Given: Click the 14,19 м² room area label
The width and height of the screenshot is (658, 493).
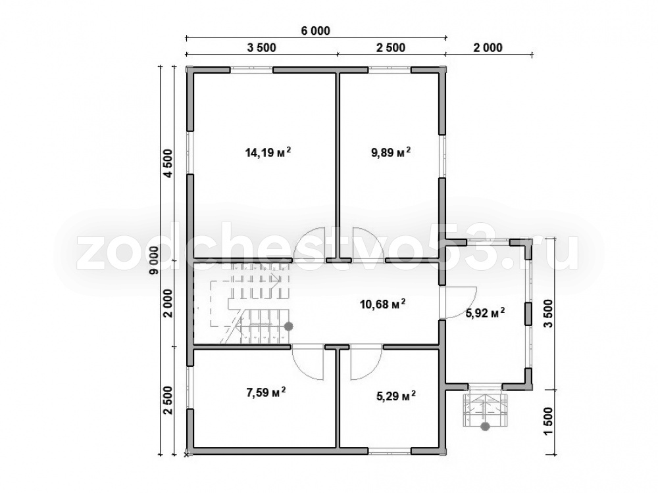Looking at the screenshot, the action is pyautogui.click(x=268, y=153).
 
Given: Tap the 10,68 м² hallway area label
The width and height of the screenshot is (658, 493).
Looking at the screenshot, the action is pyautogui.click(x=383, y=303).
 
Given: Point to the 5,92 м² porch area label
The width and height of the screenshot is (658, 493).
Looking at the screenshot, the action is pyautogui.click(x=485, y=313).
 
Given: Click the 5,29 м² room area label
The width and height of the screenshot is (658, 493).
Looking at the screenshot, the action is pyautogui.click(x=395, y=395).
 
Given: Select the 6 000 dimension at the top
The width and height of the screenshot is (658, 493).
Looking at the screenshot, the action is pyautogui.click(x=316, y=31).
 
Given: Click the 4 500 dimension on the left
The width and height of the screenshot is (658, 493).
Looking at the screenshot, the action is pyautogui.click(x=168, y=164).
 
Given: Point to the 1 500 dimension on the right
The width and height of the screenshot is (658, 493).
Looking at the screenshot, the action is pyautogui.click(x=549, y=421).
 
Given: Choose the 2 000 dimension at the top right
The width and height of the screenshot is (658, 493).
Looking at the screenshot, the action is pyautogui.click(x=488, y=48).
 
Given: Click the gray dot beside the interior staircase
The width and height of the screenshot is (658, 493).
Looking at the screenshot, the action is pyautogui.click(x=289, y=326).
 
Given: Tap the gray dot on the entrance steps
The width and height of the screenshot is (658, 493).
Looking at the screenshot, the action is pyautogui.click(x=485, y=427).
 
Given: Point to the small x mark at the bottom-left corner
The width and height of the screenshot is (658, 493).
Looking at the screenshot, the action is pyautogui.click(x=186, y=454).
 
